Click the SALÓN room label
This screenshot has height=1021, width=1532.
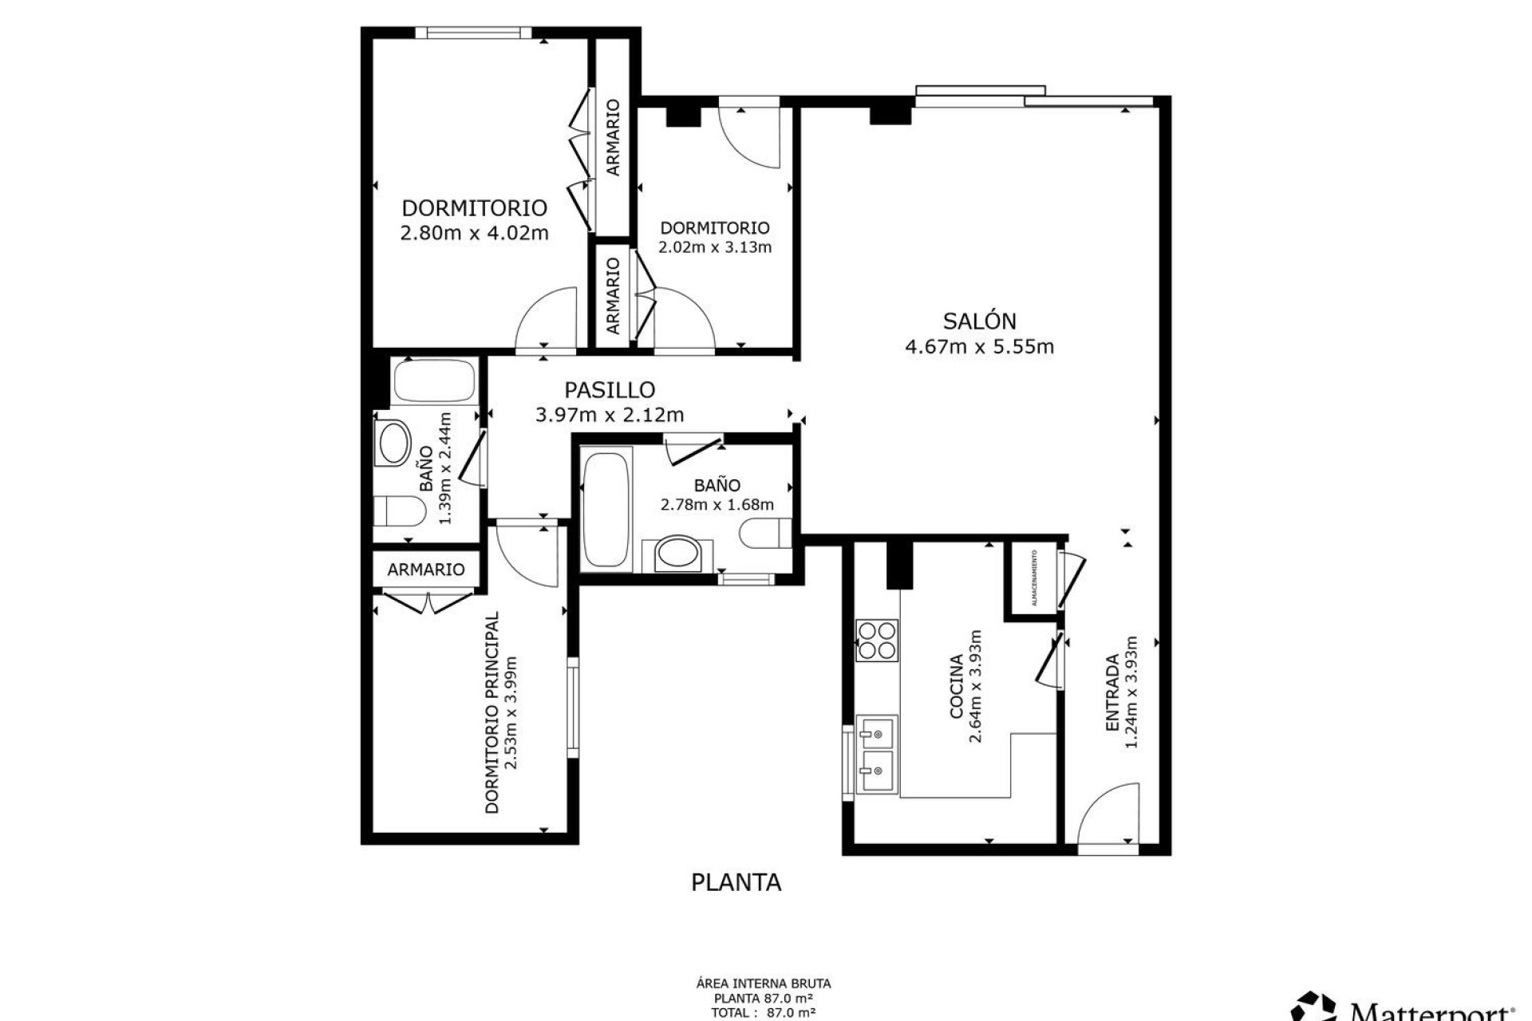click(979, 321)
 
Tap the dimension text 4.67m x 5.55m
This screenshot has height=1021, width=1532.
click(979, 347)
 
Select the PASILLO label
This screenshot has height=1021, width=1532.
click(610, 390)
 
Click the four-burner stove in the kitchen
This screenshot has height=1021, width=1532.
click(876, 641)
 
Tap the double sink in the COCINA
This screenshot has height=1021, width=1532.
click(875, 754)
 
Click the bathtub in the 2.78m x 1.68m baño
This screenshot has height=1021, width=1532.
click(605, 510)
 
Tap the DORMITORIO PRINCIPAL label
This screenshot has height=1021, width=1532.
click(492, 712)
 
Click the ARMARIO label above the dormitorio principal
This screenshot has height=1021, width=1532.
click(426, 570)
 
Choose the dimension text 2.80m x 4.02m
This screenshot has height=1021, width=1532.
click(474, 234)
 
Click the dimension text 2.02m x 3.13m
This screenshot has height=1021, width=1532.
click(715, 247)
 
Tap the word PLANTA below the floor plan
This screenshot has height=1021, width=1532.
click(736, 883)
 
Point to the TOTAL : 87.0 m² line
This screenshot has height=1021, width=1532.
click(764, 1013)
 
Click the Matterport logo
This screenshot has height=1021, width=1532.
click(1404, 1007)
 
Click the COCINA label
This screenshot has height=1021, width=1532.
click(956, 687)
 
